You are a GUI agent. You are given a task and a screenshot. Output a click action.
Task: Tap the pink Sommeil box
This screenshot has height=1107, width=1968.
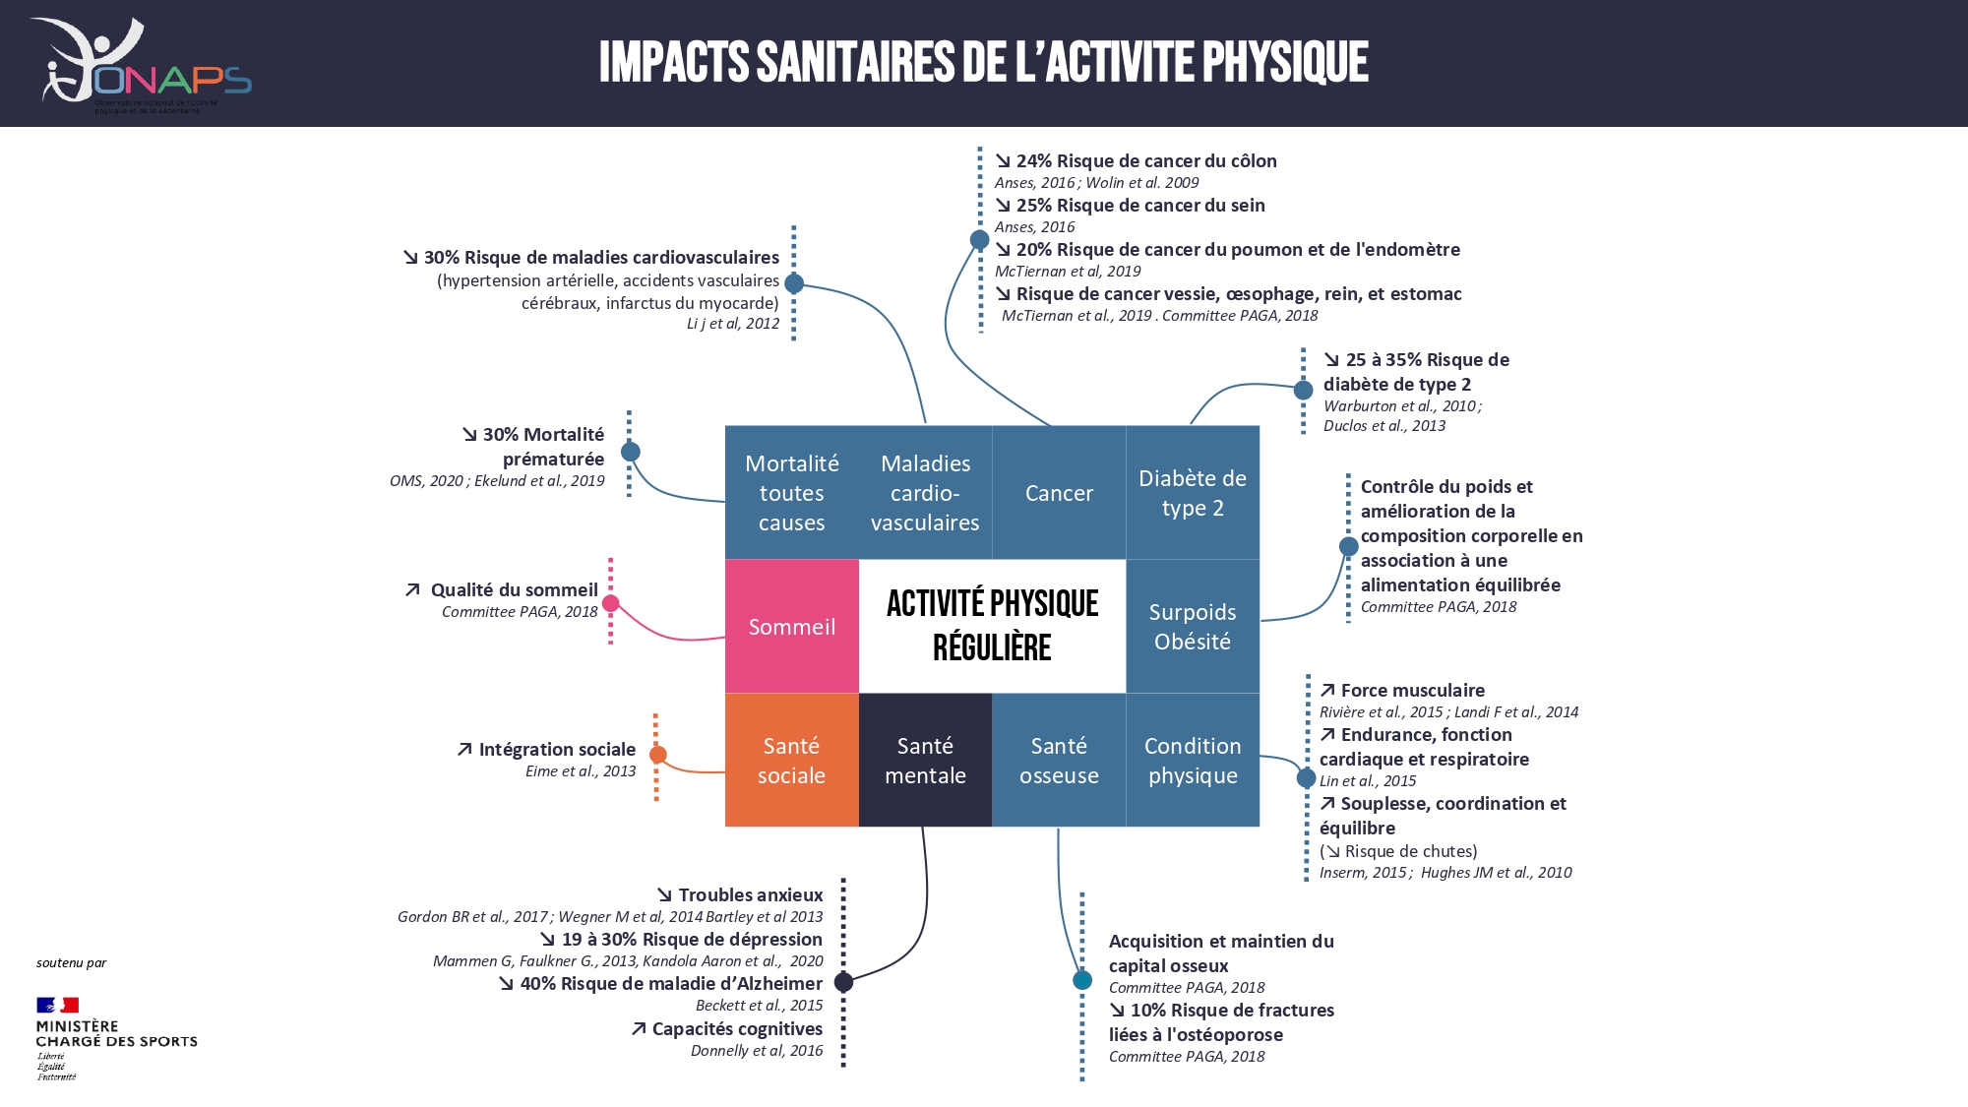click(x=791, y=627)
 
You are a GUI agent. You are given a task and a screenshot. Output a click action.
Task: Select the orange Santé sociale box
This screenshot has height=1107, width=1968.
click(x=791, y=760)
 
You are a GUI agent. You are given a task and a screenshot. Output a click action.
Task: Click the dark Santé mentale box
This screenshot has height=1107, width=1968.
click(x=925, y=760)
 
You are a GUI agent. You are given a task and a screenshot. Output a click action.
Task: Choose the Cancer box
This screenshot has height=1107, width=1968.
click(x=1059, y=493)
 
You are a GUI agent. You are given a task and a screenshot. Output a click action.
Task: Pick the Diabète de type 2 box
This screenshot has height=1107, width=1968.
click(x=1193, y=493)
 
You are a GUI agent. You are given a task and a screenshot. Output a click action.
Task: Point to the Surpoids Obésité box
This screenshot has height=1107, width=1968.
click(x=1193, y=627)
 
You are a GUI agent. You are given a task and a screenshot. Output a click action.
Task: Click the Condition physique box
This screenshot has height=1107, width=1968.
click(x=1193, y=760)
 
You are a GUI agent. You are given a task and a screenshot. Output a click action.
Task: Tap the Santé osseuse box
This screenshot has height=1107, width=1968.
click(x=1059, y=760)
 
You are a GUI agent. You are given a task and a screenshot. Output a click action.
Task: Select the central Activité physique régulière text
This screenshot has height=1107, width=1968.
click(x=992, y=626)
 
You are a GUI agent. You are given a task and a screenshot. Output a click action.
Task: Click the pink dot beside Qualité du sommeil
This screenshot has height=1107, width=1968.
click(x=611, y=603)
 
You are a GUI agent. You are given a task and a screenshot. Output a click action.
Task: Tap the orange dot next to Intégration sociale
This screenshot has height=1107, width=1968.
click(x=658, y=755)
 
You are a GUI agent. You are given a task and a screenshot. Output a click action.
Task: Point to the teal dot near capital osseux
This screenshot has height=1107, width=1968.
click(x=1082, y=980)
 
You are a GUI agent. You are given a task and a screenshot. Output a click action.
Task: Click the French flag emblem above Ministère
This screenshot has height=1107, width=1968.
click(x=57, y=1005)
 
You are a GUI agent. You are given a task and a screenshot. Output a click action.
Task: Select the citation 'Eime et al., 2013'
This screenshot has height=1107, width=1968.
click(x=581, y=771)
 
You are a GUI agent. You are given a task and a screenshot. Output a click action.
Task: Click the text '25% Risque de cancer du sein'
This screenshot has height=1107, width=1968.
click(x=1140, y=206)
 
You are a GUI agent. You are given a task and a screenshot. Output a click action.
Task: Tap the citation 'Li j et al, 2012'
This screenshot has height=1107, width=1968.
click(x=733, y=324)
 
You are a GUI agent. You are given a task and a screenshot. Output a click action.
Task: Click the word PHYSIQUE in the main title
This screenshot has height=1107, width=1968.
click(x=1285, y=62)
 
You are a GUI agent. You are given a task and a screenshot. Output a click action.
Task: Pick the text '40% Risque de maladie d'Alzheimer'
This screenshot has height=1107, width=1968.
click(x=671, y=984)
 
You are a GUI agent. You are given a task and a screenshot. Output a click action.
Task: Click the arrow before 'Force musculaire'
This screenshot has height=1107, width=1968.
click(x=1327, y=691)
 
